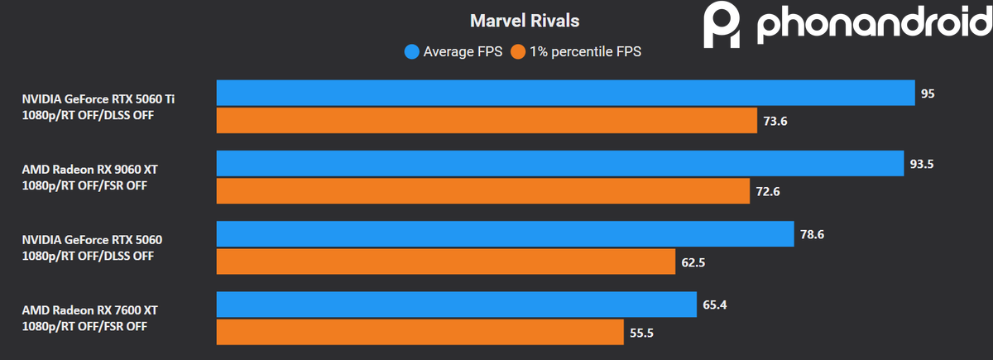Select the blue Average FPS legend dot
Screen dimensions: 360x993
point(411,52)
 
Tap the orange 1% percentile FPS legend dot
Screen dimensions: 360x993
point(519,52)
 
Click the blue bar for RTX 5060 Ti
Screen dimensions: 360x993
point(565,94)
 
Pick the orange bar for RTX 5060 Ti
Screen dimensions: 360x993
point(487,121)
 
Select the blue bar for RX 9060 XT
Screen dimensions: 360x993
point(559,164)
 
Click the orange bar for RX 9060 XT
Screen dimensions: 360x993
point(482,191)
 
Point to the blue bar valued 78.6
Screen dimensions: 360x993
point(505,234)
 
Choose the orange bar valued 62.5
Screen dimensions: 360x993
point(446,262)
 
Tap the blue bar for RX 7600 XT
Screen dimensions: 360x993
point(456,305)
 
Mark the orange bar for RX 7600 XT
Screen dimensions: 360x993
point(420,332)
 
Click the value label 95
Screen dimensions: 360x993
point(928,94)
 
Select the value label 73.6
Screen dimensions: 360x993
point(775,122)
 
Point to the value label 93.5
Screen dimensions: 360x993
point(921,164)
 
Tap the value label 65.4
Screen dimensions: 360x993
point(716,305)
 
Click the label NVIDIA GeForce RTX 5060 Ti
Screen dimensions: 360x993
point(98,98)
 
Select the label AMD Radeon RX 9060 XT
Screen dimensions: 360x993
point(89,169)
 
